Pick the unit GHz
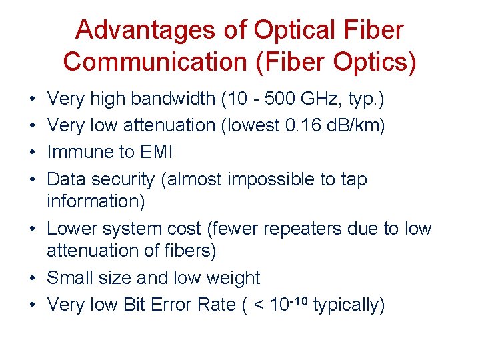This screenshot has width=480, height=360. (x=321, y=99)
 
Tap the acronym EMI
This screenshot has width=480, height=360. (x=155, y=153)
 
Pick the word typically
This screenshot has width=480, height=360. (x=348, y=305)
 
